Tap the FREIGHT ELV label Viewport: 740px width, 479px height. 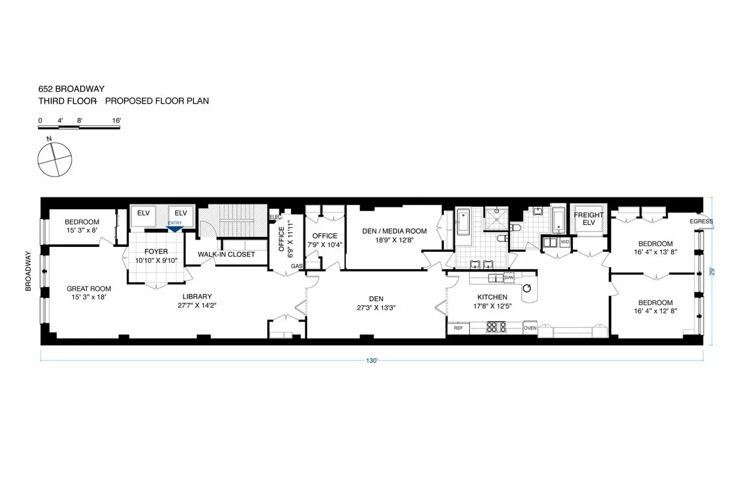coord(589,219)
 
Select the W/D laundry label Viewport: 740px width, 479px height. coord(565,241)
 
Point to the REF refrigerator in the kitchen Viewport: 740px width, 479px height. coord(458,328)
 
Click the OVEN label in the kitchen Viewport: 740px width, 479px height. coord(530,328)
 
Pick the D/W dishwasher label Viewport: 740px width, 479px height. coord(509,278)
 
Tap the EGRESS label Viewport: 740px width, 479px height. coord(701,222)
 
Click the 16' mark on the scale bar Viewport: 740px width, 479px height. coord(117,120)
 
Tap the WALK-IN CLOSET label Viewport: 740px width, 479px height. coord(226,254)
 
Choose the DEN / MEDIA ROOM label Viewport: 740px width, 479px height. coord(394,231)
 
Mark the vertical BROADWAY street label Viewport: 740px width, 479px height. coord(28,270)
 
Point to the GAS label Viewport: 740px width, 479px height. coord(297,266)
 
